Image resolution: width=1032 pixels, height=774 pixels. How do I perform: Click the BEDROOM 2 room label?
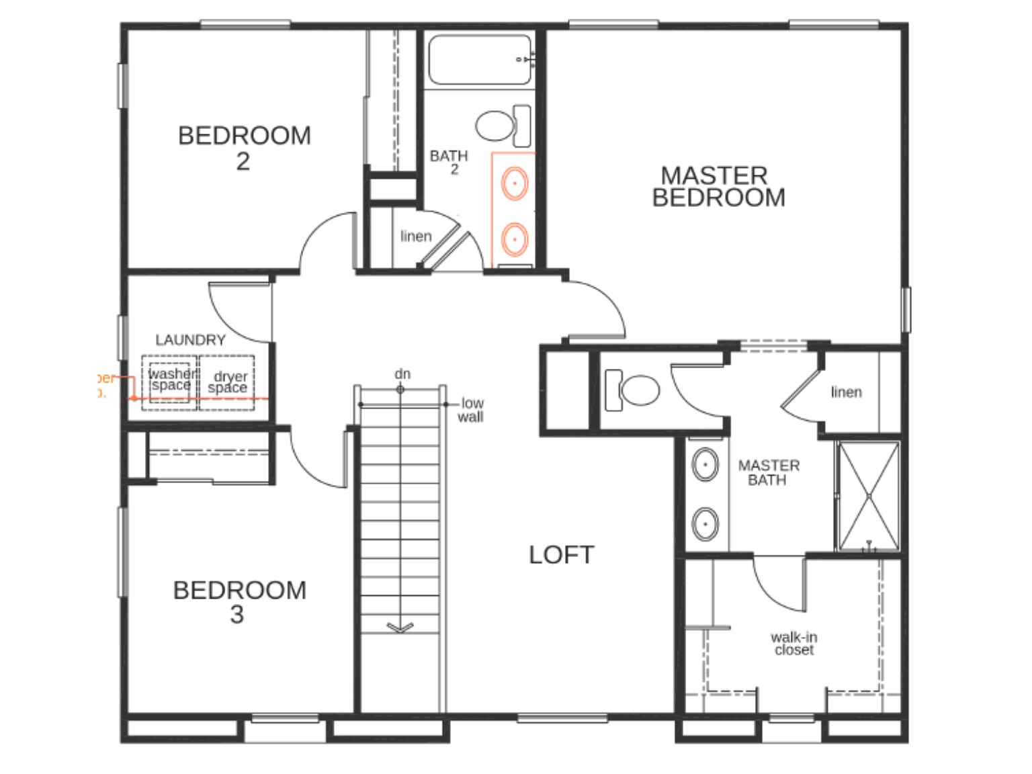244,148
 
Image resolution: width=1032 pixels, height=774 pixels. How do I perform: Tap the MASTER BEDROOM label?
717,187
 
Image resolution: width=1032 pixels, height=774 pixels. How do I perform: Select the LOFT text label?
561,555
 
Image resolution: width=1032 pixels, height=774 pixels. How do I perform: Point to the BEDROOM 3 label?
239,602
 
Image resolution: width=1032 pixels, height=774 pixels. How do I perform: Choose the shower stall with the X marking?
868,496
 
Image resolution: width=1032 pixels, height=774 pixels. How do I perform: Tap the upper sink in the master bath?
705,464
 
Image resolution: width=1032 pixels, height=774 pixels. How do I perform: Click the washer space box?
170,382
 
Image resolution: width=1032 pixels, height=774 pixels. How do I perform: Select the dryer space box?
227,382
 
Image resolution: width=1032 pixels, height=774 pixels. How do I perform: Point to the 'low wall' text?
471,410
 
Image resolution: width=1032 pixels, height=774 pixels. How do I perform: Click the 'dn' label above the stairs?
402,374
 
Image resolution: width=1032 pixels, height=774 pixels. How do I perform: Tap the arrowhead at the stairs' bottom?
400,628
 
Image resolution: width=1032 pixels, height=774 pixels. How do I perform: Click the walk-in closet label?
793,644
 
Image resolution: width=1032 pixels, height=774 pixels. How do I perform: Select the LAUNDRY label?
190,340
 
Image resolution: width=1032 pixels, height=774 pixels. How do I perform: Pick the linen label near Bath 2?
416,236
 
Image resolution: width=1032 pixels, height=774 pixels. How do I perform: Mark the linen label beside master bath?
846,392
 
